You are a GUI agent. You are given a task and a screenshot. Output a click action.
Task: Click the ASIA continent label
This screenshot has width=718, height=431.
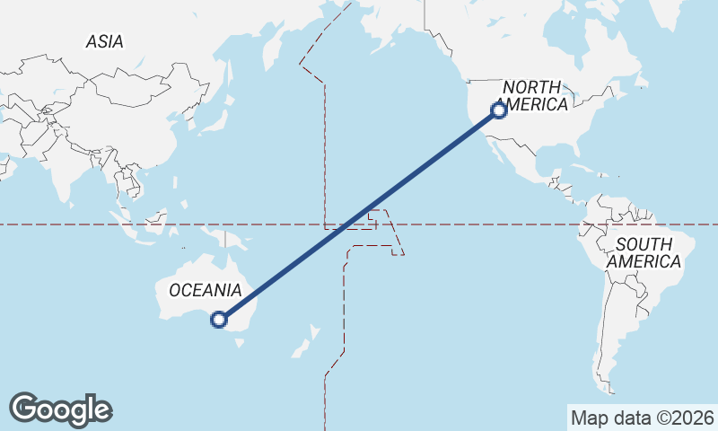coord(104,41)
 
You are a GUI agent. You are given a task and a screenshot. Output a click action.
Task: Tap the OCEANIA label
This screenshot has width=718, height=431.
coord(206,290)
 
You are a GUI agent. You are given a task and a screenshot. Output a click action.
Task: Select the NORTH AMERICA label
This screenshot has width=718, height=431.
coord(534,95)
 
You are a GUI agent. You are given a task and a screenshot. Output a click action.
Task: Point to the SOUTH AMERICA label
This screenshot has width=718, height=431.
coord(644,252)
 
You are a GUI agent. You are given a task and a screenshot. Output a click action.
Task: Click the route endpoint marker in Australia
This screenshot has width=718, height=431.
coord(218,319)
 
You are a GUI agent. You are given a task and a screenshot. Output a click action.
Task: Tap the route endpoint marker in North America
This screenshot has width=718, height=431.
coord(499,110)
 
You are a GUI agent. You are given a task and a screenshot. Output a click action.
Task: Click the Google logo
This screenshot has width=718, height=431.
coord(60,409)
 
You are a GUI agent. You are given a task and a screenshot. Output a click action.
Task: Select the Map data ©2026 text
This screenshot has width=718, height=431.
coord(643,418)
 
